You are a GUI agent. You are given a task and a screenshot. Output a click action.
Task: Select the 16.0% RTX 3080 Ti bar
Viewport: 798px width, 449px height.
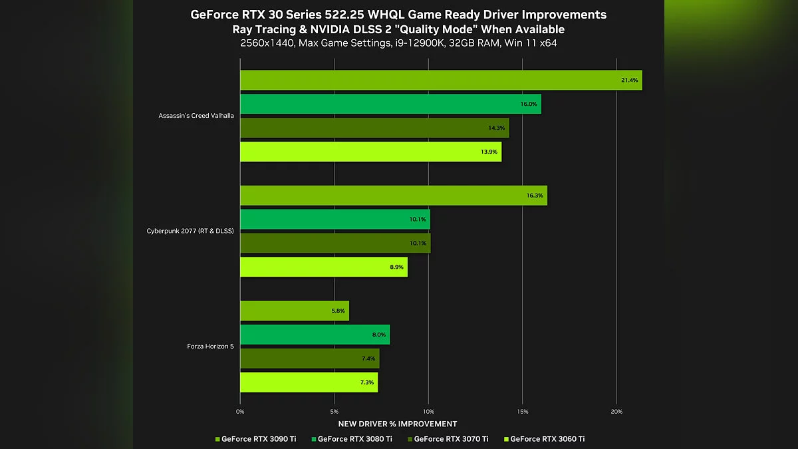click(x=390, y=104)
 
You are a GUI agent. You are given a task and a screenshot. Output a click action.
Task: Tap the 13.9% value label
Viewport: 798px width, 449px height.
click(x=489, y=152)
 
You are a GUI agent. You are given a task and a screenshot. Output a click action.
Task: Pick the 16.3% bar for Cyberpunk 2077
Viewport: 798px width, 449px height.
click(x=393, y=196)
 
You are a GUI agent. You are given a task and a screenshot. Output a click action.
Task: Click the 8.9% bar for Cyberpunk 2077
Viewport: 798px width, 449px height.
click(x=323, y=267)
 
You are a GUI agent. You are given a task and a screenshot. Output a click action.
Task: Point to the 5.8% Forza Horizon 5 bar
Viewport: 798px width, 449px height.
click(x=294, y=311)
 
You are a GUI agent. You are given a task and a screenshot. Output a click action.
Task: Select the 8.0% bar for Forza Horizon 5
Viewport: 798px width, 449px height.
click(x=315, y=335)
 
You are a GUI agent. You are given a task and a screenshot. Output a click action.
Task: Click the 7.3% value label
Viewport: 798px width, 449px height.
click(x=366, y=382)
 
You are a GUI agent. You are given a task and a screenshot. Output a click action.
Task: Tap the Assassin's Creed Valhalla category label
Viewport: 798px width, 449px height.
click(x=196, y=116)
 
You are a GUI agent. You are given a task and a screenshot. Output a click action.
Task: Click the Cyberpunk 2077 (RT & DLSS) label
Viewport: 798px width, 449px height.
click(x=190, y=231)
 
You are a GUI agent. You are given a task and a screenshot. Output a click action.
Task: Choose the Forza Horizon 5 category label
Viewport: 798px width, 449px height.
click(x=209, y=347)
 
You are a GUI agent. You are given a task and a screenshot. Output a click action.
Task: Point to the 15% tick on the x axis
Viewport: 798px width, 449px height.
click(x=522, y=412)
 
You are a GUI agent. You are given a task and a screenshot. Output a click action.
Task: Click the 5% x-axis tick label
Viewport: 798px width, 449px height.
click(x=334, y=412)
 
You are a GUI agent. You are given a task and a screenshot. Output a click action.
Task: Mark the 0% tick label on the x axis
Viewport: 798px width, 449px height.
click(x=240, y=412)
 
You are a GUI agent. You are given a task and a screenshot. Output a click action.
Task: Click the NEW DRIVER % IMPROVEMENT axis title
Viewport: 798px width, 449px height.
click(x=398, y=424)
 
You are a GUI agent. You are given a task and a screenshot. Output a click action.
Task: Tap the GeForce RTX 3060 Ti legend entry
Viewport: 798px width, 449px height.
click(x=547, y=439)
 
